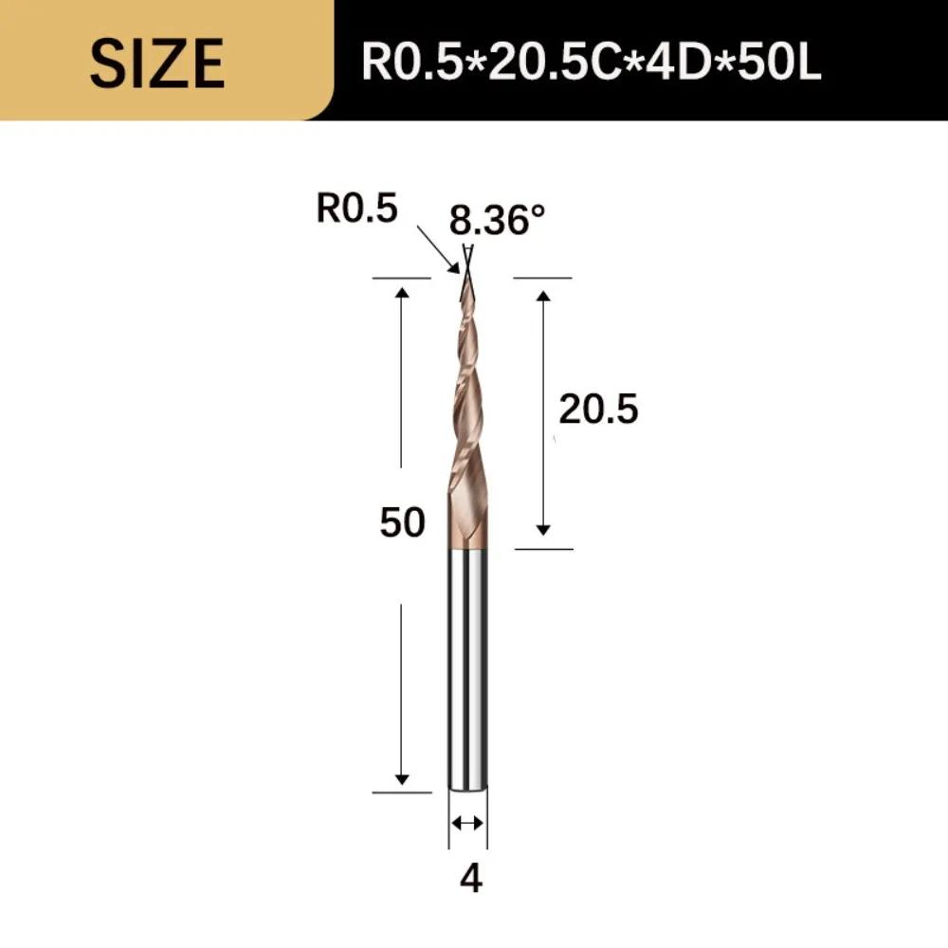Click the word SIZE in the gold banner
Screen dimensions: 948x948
[157, 62]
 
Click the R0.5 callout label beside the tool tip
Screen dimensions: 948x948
[357, 210]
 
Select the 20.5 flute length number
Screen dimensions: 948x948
[598, 410]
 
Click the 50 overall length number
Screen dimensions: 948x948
[402, 522]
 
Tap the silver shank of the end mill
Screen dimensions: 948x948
[467, 664]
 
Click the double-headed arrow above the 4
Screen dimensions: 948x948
[467, 822]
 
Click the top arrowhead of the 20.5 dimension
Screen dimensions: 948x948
[543, 297]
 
